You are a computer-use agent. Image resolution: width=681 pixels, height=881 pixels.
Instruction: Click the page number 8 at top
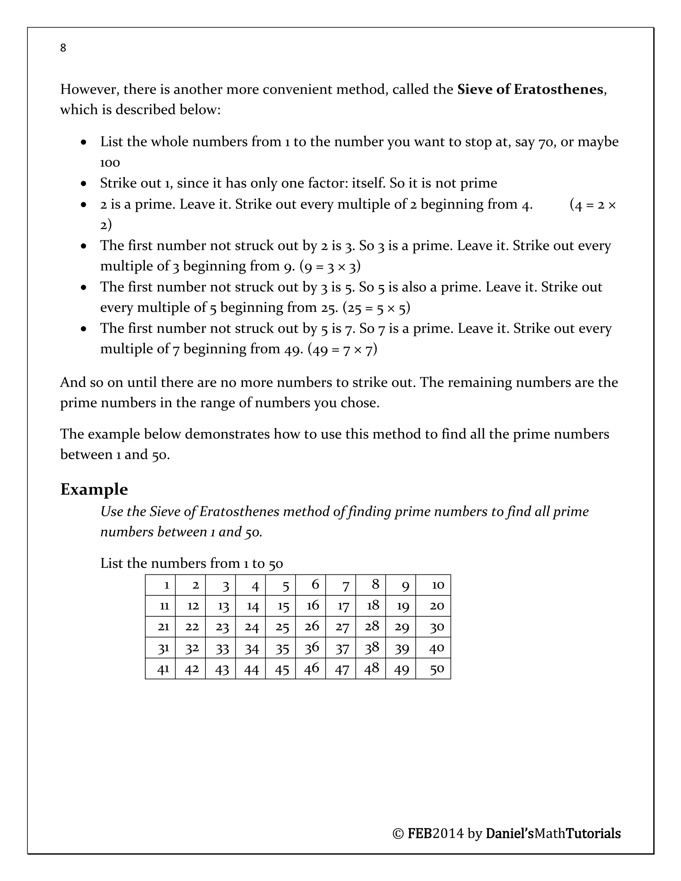pyautogui.click(x=63, y=48)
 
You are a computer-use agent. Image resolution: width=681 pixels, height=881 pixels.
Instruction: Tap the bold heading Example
pyautogui.click(x=94, y=489)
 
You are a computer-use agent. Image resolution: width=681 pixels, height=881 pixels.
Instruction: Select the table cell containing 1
pyautogui.click(x=160, y=585)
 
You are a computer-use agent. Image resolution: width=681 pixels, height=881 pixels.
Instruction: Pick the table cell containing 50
pyautogui.click(x=433, y=669)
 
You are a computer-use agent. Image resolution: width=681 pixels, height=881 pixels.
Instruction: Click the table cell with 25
pyautogui.click(x=280, y=627)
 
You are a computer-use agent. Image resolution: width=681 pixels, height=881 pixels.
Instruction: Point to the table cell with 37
pyautogui.click(x=340, y=648)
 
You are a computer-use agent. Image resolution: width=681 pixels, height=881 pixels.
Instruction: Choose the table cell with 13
pyautogui.click(x=220, y=606)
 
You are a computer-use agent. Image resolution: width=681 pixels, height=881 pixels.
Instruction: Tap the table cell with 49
pyautogui.click(x=400, y=669)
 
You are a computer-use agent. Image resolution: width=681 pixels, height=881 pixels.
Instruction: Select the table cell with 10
pyautogui.click(x=433, y=585)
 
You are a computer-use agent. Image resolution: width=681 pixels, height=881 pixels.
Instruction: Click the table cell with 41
pyautogui.click(x=160, y=669)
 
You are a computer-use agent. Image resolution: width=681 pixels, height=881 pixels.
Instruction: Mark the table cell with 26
pyautogui.click(x=310, y=627)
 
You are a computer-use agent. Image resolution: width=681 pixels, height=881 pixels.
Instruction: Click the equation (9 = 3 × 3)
pyautogui.click(x=330, y=267)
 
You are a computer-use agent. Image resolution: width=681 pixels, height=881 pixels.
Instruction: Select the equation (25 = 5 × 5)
pyautogui.click(x=376, y=308)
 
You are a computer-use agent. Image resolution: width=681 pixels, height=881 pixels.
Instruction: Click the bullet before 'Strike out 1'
pyautogui.click(x=83, y=184)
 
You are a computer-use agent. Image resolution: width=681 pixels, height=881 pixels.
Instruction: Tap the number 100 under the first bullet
pyautogui.click(x=110, y=163)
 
